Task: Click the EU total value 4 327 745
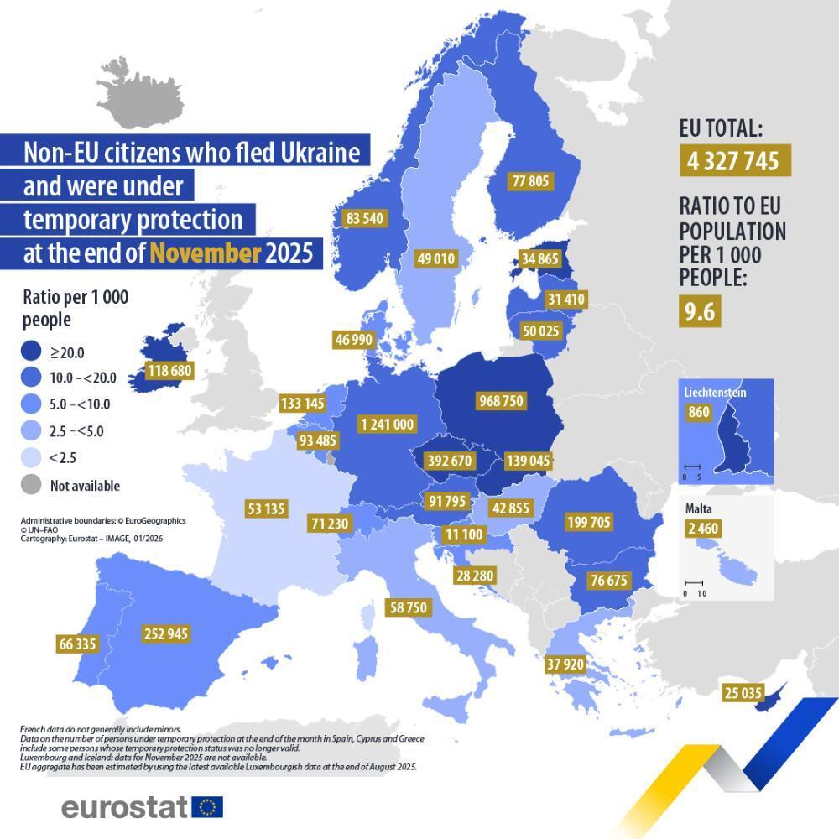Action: pyautogui.click(x=734, y=160)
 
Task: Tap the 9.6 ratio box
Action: pyautogui.click(x=699, y=312)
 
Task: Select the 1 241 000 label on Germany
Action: pyautogui.click(x=386, y=425)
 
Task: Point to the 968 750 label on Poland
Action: pyautogui.click(x=500, y=401)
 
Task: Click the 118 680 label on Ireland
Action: pyautogui.click(x=169, y=371)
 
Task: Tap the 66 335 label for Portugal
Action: pyautogui.click(x=77, y=644)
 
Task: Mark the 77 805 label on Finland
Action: pyautogui.click(x=530, y=180)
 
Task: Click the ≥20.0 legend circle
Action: pyautogui.click(x=30, y=352)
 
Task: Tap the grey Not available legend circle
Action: pyautogui.click(x=30, y=485)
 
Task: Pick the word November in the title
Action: pyautogui.click(x=205, y=253)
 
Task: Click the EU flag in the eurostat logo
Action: pyautogui.click(x=207, y=807)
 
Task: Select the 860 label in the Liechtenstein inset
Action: pyautogui.click(x=698, y=412)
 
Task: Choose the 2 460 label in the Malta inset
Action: pyautogui.click(x=701, y=529)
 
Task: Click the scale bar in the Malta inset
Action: pyautogui.click(x=693, y=583)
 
